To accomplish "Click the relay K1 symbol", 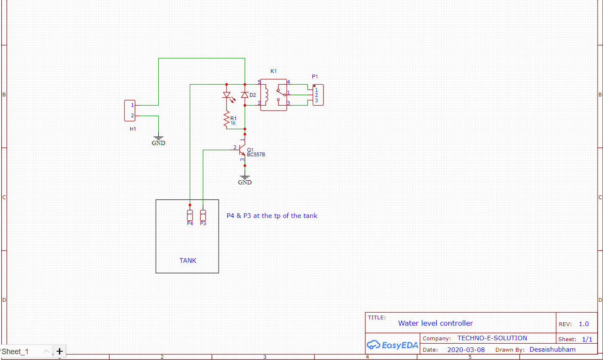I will (x=273, y=95).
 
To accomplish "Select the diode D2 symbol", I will (x=245, y=95).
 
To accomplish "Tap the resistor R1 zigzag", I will (x=227, y=119).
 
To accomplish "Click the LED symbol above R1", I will (x=227, y=96).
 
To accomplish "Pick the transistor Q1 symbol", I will (x=242, y=150).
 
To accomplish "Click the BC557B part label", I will (x=256, y=155).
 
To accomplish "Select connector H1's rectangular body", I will (x=130, y=111).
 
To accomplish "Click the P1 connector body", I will (x=318, y=95).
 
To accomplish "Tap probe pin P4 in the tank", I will (x=190, y=215).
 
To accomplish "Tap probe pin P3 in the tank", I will (x=203, y=215).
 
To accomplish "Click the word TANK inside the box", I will (x=188, y=261).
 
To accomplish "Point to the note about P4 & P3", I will (x=272, y=216).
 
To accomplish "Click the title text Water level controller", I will (x=435, y=323).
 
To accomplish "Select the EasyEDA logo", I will (x=392, y=345).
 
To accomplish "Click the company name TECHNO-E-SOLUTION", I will (x=492, y=338).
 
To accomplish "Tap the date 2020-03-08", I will (x=466, y=350).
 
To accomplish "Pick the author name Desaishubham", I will (x=552, y=350).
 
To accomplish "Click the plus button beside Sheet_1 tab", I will (x=59, y=351).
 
